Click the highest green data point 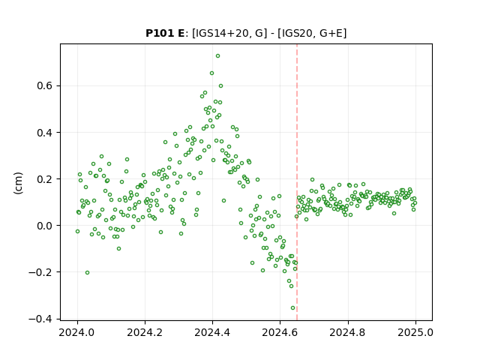(217, 56)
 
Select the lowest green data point (292, 308)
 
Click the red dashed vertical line (297, 182)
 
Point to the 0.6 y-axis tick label (45, 85)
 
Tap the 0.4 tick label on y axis (45, 133)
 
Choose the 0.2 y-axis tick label (45, 179)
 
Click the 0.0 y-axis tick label (45, 226)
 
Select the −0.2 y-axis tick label (40, 272)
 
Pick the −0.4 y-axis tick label (40, 319)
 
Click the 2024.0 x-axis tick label (77, 332)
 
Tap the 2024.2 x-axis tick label (145, 332)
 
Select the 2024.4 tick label (212, 332)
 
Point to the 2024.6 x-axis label (280, 332)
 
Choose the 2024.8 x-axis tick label (348, 332)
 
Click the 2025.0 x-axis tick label (415, 332)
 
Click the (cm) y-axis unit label (18, 183)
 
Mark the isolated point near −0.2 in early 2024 (87, 272)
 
